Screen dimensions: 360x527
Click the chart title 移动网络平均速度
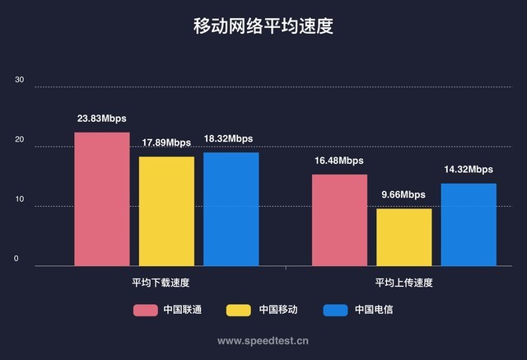(263, 26)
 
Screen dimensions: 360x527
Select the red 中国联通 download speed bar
(102, 199)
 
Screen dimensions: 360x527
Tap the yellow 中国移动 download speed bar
(166, 212)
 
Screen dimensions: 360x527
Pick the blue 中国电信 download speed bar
(231, 209)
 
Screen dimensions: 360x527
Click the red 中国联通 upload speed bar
(339, 220)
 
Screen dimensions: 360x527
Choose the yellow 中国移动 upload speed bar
(403, 237)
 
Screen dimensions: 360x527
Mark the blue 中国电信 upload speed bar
(469, 225)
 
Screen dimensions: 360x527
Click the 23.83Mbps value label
(102, 119)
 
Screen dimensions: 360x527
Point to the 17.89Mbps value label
(166, 143)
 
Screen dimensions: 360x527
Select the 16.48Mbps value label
(338, 161)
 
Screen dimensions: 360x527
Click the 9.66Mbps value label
(403, 195)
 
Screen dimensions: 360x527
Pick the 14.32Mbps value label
(469, 170)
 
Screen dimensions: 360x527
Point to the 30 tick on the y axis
(19, 81)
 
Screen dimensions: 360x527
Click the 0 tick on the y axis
(16, 259)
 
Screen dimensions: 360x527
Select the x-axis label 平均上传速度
(403, 283)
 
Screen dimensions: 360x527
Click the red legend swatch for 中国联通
(146, 311)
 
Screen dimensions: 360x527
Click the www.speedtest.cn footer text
(263, 339)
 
